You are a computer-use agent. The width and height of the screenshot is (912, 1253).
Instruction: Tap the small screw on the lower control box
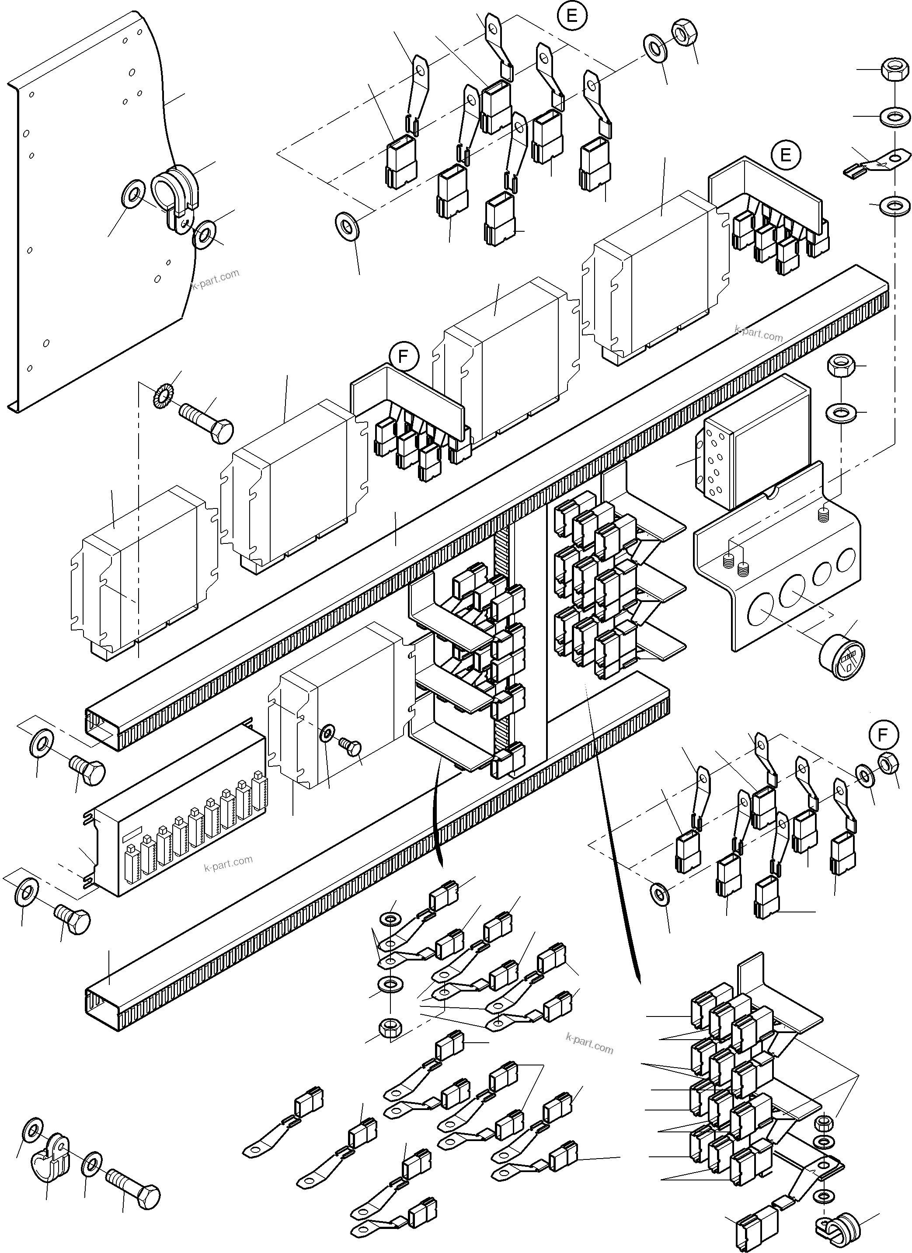click(x=352, y=748)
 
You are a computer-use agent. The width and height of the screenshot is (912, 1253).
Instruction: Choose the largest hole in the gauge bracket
click(x=761, y=614)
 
